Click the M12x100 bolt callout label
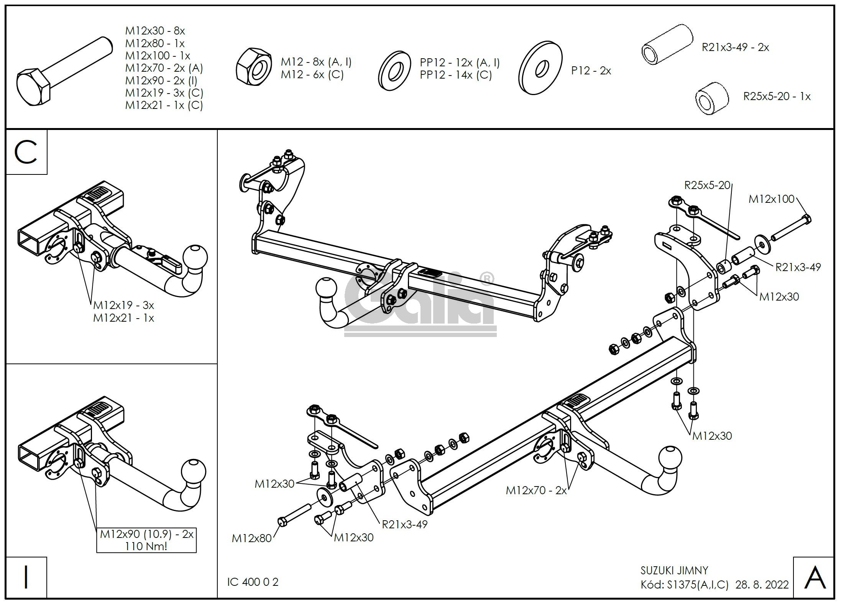click(x=771, y=199)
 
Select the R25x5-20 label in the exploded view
click(x=707, y=186)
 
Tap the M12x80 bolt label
click(x=251, y=538)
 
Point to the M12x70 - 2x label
click(x=536, y=490)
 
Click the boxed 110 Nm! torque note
click(x=146, y=546)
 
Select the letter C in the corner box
click(x=26, y=152)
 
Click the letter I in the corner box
click(x=26, y=577)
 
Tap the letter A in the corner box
click(x=815, y=578)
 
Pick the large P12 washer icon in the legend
click(x=540, y=68)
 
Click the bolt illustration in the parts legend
click(x=64, y=73)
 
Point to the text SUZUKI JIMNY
click(x=674, y=570)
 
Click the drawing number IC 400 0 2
click(x=253, y=582)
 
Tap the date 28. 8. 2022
click(x=762, y=585)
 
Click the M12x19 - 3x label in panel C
click(x=123, y=305)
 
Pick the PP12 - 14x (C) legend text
click(x=456, y=75)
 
